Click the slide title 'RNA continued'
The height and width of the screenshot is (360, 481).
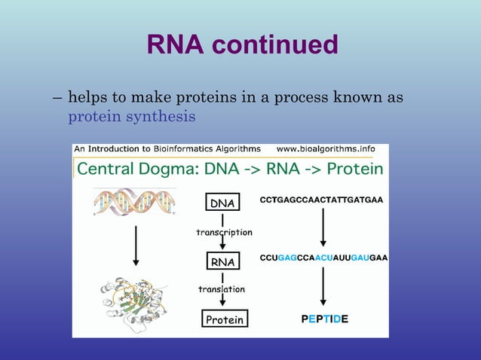click(x=242, y=45)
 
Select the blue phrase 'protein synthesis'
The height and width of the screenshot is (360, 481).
click(x=132, y=117)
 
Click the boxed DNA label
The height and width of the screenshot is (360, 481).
click(x=222, y=203)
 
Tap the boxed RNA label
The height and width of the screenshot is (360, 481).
click(x=222, y=261)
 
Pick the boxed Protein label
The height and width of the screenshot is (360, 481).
click(x=224, y=319)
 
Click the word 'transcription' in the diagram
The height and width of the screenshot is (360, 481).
click(x=224, y=232)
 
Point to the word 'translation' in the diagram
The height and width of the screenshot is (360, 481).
click(x=221, y=289)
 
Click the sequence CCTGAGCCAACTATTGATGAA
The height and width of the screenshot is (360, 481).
click(x=322, y=200)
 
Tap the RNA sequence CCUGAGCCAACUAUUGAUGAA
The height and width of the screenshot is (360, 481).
click(x=323, y=258)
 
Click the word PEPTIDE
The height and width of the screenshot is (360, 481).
click(x=324, y=319)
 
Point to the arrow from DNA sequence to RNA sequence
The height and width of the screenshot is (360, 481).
click(x=323, y=228)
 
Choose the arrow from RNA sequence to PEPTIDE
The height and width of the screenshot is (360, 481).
click(x=323, y=286)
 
